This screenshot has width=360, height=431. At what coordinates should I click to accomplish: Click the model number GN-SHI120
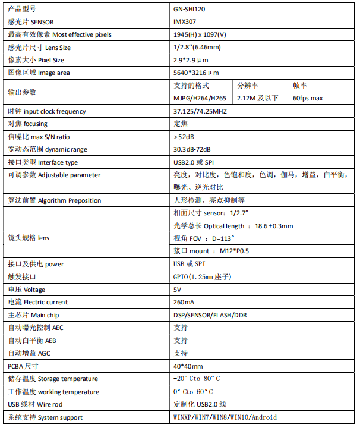tap(190, 9)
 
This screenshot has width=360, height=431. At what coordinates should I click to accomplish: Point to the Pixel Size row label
tap(36, 60)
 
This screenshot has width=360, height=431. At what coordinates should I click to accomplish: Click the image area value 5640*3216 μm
tap(196, 73)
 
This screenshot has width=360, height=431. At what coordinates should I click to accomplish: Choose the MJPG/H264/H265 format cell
tap(200, 98)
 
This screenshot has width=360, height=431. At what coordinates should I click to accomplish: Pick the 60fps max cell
tap(308, 98)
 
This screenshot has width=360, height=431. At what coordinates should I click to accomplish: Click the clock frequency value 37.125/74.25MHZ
tap(200, 111)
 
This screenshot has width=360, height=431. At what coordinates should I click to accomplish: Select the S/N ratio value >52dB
tap(184, 137)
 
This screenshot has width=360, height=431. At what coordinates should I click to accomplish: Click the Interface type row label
tap(43, 162)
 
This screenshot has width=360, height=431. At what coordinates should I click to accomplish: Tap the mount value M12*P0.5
tap(235, 251)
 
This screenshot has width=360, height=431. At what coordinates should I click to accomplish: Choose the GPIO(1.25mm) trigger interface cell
tap(201, 277)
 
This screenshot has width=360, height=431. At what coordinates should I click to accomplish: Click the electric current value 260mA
tap(184, 303)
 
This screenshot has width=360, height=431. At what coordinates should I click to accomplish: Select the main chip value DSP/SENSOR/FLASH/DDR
tap(210, 315)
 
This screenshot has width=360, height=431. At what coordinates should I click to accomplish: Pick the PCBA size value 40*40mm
tap(188, 366)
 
